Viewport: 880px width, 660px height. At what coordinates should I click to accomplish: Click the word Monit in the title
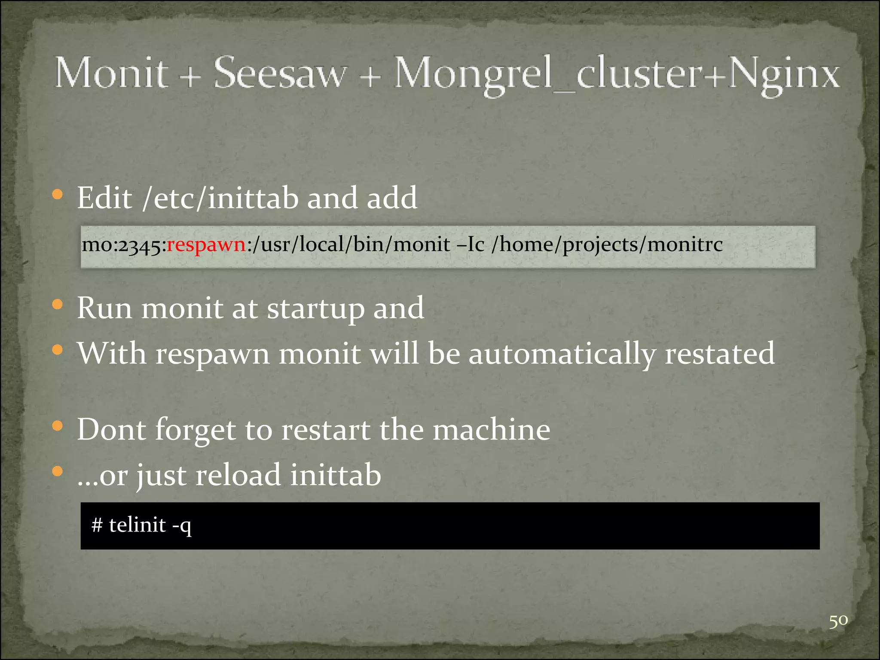[111, 73]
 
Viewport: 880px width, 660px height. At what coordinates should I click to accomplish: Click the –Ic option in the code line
[471, 245]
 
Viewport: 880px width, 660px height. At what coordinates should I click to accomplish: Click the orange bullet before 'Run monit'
[57, 305]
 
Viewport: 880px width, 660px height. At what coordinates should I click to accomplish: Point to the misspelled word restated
[720, 354]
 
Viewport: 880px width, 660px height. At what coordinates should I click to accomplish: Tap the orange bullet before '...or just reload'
[57, 472]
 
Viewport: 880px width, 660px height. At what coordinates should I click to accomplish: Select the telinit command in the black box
[137, 525]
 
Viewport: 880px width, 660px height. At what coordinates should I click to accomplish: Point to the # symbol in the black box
[97, 525]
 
